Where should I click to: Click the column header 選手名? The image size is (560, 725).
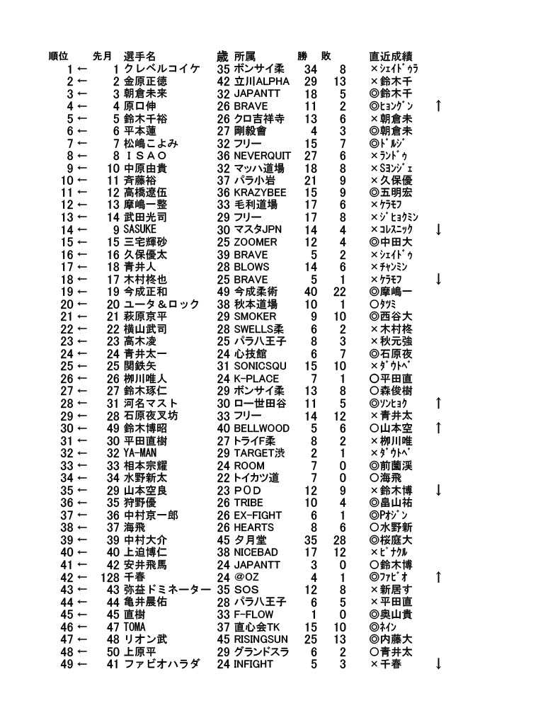139,56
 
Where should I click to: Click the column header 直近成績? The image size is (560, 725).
391,56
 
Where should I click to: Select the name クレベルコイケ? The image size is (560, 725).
161,69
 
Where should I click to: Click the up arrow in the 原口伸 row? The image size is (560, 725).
439,106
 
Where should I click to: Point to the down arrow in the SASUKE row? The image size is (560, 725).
439,230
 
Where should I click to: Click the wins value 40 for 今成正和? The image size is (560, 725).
310,292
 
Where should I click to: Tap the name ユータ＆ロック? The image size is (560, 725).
161,304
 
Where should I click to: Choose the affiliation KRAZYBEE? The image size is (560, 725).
260,193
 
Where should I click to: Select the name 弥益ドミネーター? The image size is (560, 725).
167,590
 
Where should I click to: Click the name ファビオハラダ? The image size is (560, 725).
161,664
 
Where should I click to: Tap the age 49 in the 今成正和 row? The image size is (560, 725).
223,292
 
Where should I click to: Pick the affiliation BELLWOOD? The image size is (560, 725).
261,428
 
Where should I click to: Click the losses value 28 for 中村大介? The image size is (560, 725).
339,540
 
